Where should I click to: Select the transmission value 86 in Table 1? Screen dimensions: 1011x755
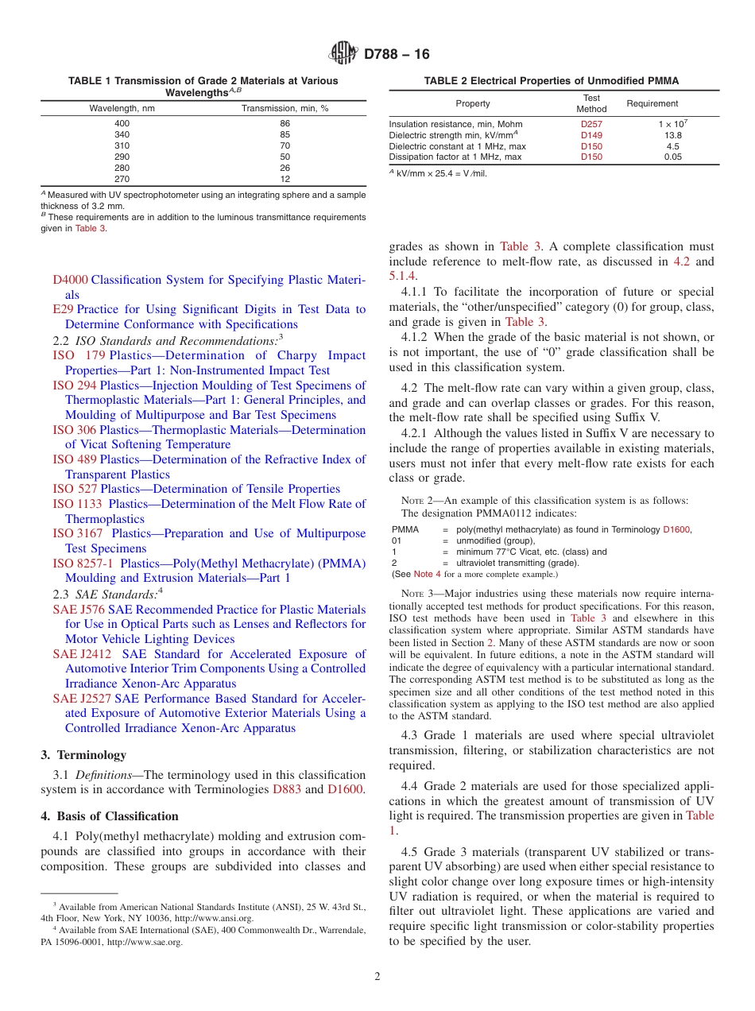point(285,123)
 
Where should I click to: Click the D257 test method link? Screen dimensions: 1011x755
point(591,124)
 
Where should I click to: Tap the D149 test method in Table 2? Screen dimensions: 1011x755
point(591,135)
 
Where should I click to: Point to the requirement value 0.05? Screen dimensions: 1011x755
point(673,157)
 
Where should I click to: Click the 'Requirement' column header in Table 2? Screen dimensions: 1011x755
point(652,103)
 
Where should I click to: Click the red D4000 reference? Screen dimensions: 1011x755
point(71,280)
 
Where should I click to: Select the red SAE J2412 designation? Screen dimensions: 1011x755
point(82,654)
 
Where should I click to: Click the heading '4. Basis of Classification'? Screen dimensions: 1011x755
point(110,816)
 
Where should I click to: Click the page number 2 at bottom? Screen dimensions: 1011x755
point(377,977)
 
